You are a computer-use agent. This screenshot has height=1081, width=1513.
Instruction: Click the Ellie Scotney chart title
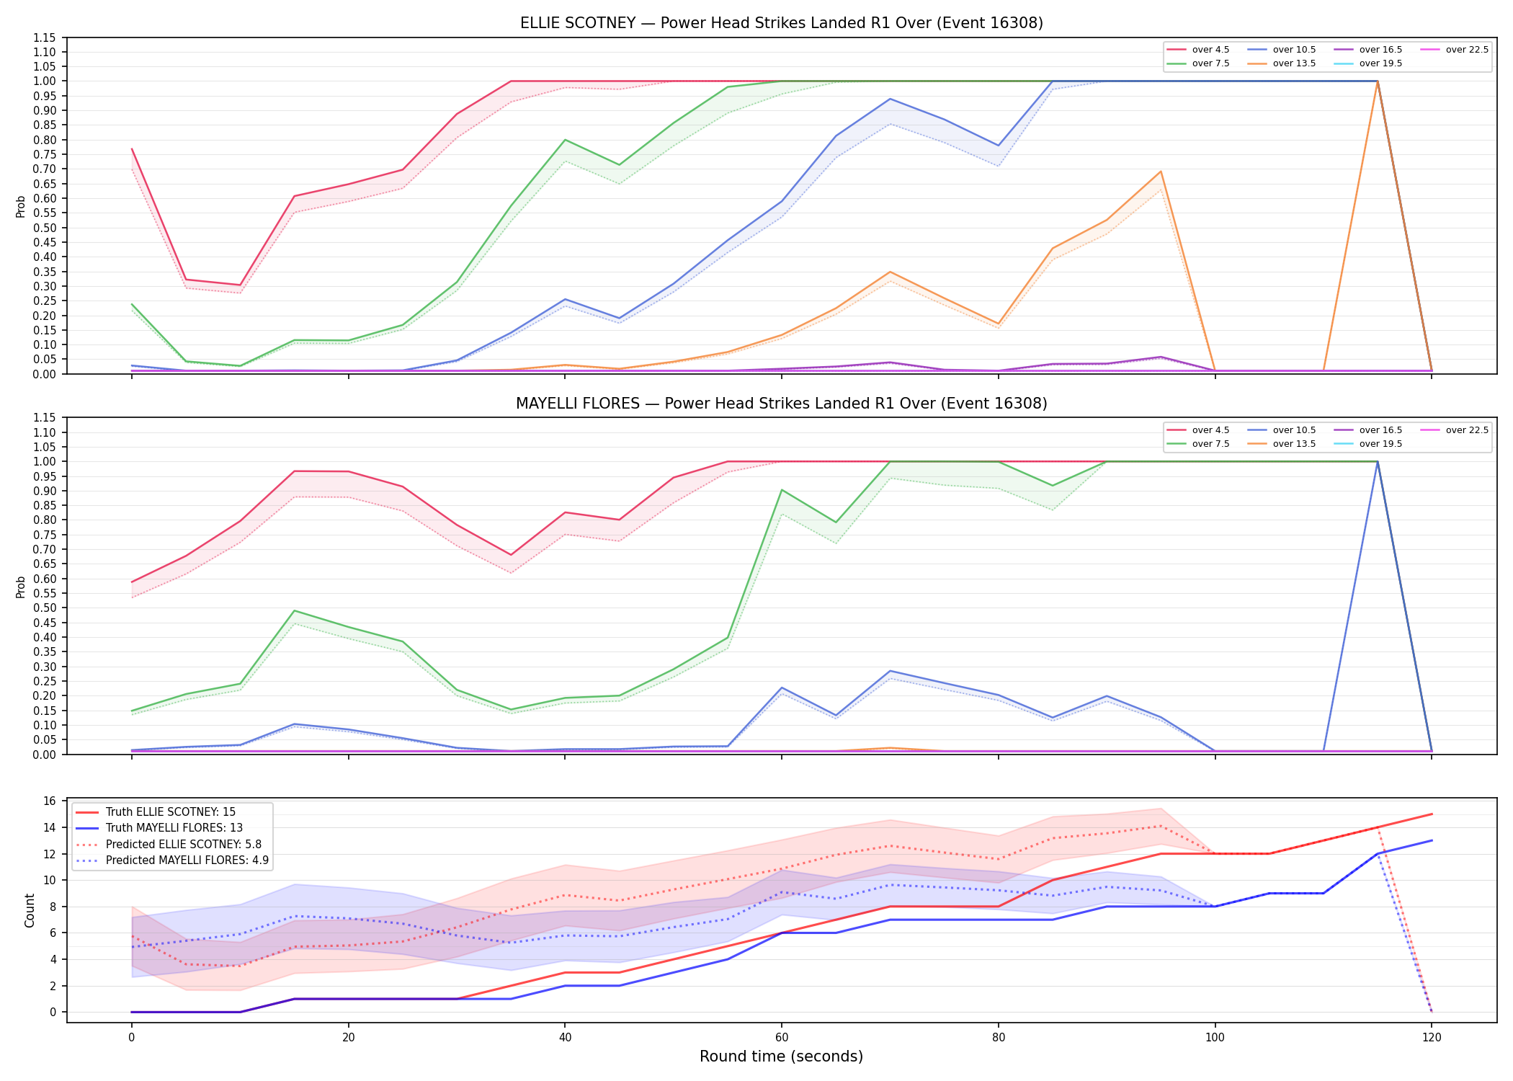click(x=782, y=23)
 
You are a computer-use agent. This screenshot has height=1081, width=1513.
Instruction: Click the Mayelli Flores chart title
click(x=782, y=404)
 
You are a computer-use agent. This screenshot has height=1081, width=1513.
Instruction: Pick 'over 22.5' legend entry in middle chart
click(x=1455, y=430)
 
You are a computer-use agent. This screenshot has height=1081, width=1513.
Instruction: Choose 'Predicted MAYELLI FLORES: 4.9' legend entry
click(x=172, y=860)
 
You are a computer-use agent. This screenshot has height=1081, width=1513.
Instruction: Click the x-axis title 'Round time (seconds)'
click(x=782, y=1056)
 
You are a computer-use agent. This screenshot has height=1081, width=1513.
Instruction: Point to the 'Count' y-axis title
click(x=30, y=910)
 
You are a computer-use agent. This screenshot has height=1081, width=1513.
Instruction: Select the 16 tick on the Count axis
click(x=50, y=801)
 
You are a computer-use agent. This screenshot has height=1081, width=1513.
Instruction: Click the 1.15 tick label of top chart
click(x=45, y=37)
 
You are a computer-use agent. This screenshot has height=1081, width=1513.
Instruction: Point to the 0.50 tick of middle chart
click(x=45, y=608)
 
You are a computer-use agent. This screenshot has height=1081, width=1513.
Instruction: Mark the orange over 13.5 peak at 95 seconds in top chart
click(x=1161, y=172)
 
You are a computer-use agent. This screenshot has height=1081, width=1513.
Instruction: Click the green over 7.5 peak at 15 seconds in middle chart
click(x=294, y=611)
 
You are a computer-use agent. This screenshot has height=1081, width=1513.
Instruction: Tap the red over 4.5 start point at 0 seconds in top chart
click(x=132, y=149)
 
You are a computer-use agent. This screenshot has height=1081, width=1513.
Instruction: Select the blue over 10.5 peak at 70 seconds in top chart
click(x=891, y=99)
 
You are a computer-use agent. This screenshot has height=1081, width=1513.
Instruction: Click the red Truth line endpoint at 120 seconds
click(x=1432, y=814)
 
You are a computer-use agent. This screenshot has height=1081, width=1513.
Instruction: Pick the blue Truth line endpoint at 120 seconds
click(x=1432, y=840)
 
